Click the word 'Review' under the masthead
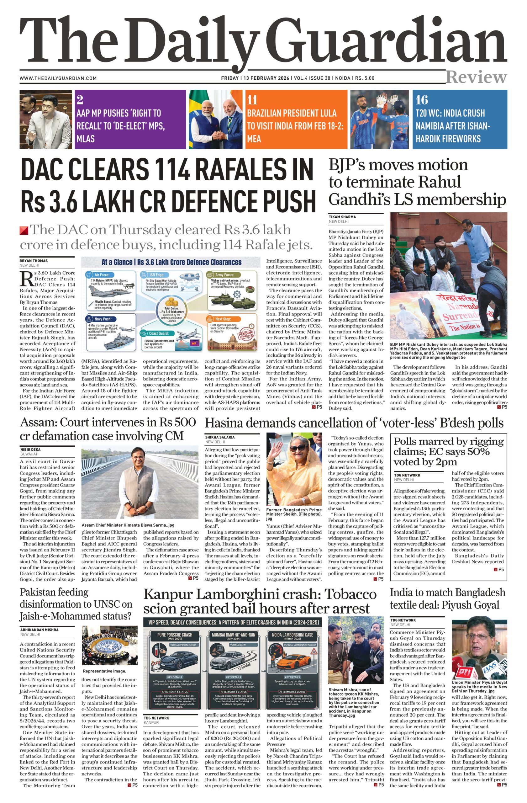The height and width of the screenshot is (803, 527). pos(476,77)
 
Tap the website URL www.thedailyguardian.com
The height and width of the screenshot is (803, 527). pos(58,78)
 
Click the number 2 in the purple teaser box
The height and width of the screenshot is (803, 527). pos(80,100)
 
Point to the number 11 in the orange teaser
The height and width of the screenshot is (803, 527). pos(252,100)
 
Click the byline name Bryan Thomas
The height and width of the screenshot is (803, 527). pos(33,261)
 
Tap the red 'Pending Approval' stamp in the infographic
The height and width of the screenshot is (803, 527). pos(246,335)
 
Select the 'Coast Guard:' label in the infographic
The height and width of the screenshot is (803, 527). pos(159,333)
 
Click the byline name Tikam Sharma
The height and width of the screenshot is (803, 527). pos(342,217)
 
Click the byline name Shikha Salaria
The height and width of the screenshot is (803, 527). pos(220,437)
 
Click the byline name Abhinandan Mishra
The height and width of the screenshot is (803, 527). pos(39,630)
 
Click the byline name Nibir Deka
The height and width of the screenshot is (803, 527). pos(30,449)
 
